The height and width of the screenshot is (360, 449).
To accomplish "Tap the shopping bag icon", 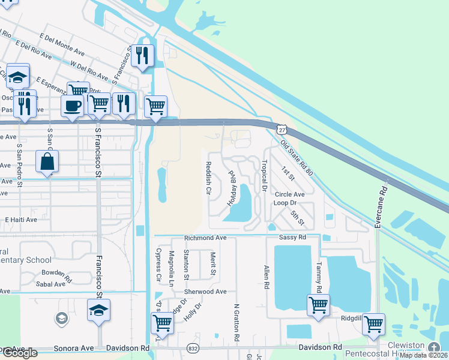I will point(47,162).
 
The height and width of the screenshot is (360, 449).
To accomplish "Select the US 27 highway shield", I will point(281,129).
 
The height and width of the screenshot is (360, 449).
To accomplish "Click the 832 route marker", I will point(192,348).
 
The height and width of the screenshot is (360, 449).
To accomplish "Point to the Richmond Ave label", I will point(205,238).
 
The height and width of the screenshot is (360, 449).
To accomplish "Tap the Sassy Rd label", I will point(293,238).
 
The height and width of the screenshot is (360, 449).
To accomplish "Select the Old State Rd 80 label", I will point(297,158).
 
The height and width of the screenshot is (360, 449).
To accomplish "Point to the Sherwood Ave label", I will point(205,292).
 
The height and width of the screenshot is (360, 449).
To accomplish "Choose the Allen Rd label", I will point(265,277).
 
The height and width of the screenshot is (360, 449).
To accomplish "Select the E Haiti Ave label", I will point(21,220).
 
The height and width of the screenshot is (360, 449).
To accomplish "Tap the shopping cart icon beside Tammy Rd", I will point(318,304).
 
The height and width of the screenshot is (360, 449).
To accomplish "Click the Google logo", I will point(19,353).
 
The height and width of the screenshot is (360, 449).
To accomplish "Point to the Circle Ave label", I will point(290,195).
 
